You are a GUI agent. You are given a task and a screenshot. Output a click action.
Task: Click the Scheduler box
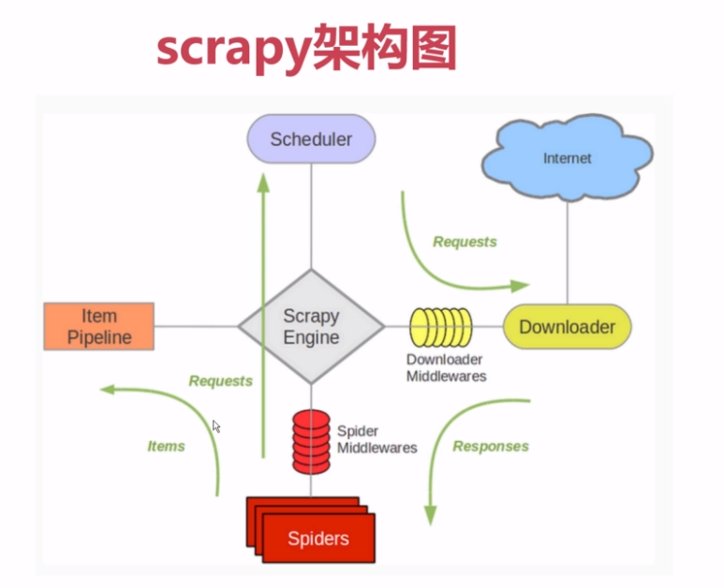(x=311, y=140)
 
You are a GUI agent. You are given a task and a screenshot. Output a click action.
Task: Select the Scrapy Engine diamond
(x=311, y=327)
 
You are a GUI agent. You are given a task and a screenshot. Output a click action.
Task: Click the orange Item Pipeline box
(x=99, y=327)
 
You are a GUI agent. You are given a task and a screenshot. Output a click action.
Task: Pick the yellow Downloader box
(x=568, y=327)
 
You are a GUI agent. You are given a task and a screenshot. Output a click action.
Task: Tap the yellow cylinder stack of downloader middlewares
(x=441, y=327)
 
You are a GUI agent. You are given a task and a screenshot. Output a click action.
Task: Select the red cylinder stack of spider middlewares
(x=311, y=439)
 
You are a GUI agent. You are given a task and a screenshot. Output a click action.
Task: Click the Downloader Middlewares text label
(x=446, y=368)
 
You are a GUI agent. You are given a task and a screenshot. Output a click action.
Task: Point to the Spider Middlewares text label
(x=377, y=440)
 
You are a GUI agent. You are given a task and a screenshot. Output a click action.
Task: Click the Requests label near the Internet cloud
(x=465, y=242)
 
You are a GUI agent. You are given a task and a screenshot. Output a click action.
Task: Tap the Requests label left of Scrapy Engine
(x=221, y=381)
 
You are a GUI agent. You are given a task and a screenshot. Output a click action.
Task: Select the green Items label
(x=166, y=447)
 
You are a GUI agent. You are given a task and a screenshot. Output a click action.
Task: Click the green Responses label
(x=491, y=447)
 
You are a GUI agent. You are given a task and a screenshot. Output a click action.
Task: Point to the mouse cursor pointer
(x=216, y=427)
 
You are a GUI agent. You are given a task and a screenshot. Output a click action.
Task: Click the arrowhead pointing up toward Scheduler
(x=263, y=184)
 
